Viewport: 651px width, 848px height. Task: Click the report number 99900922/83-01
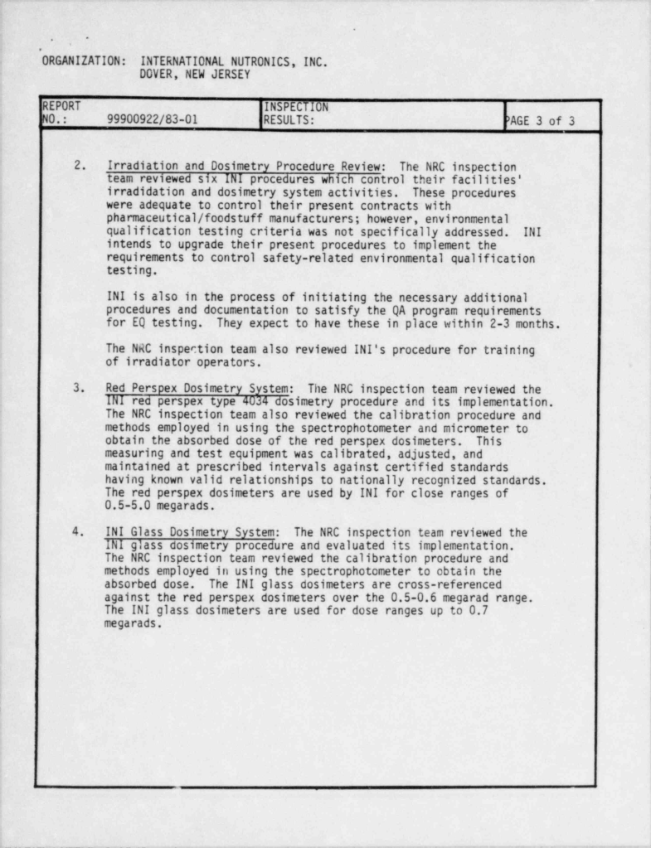[153, 119]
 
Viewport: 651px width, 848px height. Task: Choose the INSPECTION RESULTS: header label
[295, 113]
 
